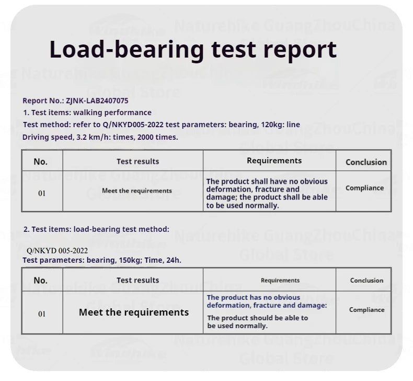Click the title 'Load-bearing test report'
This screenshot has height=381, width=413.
192,50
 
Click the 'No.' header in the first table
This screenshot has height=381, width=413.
40,162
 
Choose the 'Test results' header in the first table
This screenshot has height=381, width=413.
137,162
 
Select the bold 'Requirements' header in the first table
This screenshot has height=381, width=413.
274,161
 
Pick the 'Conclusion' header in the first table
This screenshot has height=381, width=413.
366,162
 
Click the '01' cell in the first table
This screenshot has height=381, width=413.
42,193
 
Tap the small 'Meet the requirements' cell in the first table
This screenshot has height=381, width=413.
137,190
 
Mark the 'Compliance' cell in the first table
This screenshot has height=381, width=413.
364,188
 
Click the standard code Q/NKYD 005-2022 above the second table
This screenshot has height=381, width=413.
57,251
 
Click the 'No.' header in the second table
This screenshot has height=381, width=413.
40,281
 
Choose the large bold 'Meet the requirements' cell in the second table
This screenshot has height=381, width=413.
134,312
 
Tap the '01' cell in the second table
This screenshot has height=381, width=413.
42,314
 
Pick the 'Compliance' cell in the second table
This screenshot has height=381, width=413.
366,310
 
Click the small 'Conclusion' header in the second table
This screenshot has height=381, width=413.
366,281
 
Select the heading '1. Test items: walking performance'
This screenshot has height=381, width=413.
87,113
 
